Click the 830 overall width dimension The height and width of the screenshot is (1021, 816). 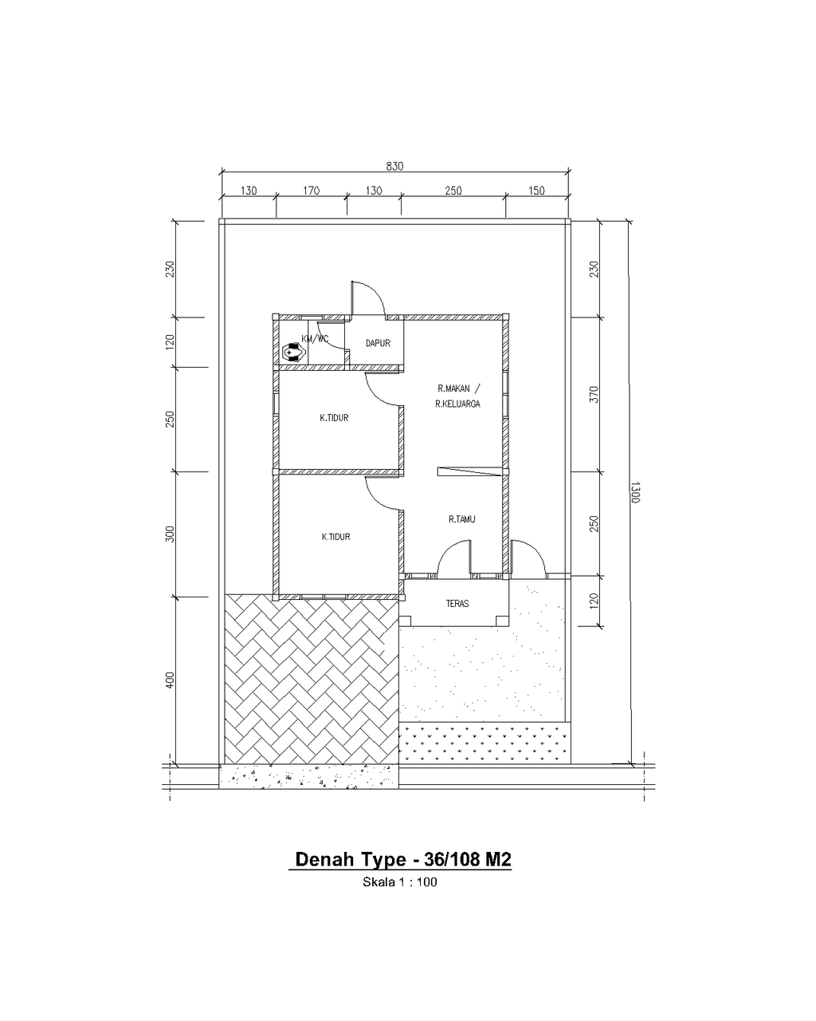394,166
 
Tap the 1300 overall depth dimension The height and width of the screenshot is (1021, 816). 635,492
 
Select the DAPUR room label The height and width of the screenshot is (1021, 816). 378,342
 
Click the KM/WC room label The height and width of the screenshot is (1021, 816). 315,339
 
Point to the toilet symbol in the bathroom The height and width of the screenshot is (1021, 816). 293,353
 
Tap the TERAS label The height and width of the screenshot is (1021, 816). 457,603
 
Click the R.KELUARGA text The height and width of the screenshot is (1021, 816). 457,404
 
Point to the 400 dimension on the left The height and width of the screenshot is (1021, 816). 171,680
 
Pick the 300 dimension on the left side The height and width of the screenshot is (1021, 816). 171,534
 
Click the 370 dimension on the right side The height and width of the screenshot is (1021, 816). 594,394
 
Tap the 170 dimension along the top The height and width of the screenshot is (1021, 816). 311,191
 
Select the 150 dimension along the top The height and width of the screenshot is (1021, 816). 536,191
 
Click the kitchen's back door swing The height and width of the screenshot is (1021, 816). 368,298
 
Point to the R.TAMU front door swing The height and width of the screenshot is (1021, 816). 455,558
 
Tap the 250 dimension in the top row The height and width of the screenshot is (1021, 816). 453,191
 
